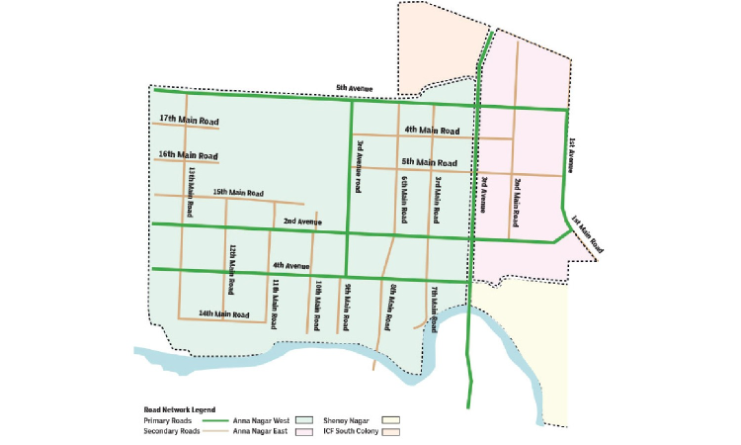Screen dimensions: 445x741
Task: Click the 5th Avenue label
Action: [354, 88]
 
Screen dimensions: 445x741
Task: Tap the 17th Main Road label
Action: [188, 121]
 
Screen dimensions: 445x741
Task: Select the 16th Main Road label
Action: [188, 155]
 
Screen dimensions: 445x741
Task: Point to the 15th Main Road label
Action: [238, 192]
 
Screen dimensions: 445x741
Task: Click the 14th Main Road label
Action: [221, 313]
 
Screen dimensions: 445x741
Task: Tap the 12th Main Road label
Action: [232, 270]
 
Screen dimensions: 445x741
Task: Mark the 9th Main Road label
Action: [348, 308]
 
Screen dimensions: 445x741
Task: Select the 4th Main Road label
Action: [432, 131]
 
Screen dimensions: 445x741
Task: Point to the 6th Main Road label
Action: [405, 198]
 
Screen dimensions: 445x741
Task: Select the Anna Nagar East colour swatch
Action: [317, 431]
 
